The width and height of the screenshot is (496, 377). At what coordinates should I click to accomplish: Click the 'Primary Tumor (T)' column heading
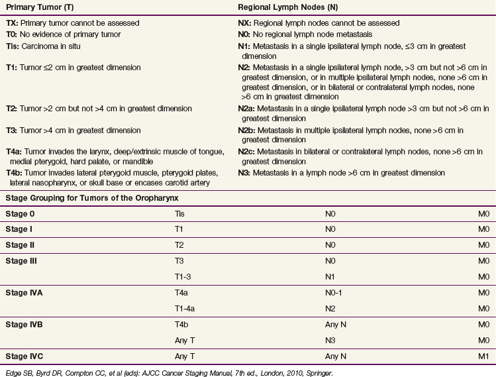pyautogui.click(x=38, y=7)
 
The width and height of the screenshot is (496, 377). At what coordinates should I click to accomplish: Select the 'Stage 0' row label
pyautogui.click(x=23, y=214)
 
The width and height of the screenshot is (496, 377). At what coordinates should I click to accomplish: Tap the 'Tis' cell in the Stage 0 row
pyautogui.click(x=179, y=214)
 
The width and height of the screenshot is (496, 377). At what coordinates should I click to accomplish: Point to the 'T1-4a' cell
pyautogui.click(x=185, y=308)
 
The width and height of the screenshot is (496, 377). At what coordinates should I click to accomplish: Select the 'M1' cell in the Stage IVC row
pyautogui.click(x=483, y=356)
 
